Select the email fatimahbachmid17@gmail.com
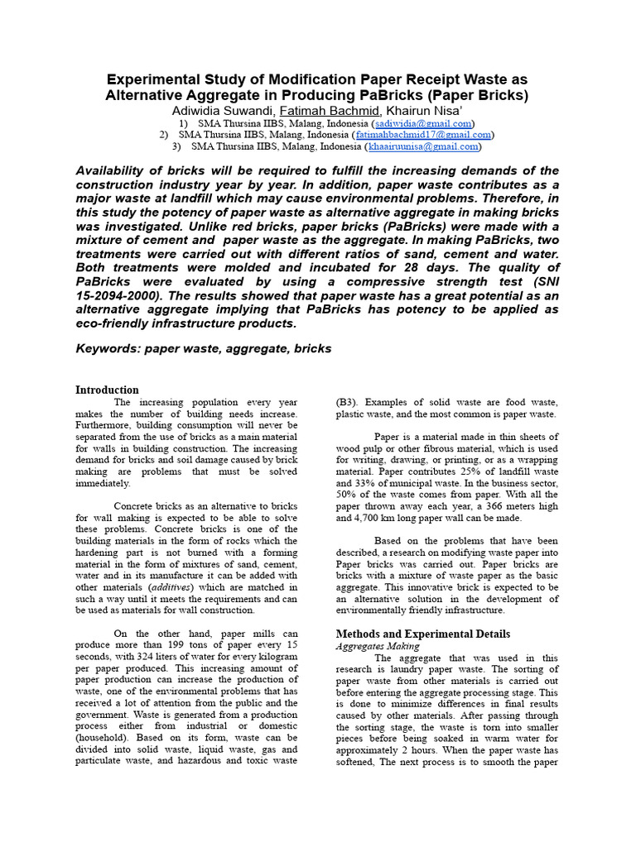pos(423,134)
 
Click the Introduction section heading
pos(108,390)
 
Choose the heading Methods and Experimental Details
pos(422,634)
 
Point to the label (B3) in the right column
pos(345,402)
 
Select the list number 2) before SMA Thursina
pos(163,134)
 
